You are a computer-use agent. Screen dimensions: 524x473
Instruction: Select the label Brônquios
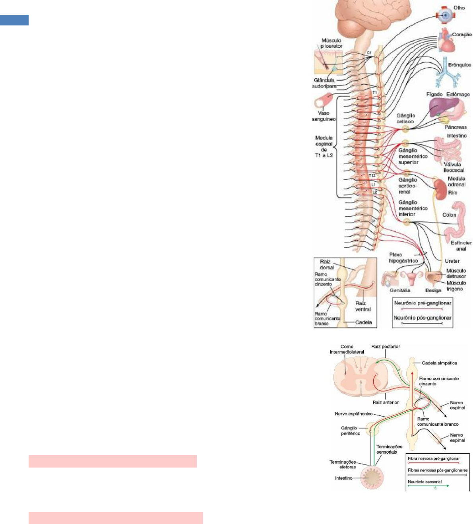[459, 65]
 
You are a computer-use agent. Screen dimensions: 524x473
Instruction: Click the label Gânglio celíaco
[405, 118]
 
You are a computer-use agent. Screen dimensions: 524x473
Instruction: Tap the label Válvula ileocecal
[454, 167]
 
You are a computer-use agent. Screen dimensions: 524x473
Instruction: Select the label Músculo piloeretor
[331, 43]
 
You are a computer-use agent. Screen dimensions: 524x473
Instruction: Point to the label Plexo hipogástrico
[403, 258]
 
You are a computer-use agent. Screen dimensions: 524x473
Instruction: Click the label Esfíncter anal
[461, 246]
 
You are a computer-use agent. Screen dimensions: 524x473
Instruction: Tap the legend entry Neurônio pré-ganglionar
[423, 303]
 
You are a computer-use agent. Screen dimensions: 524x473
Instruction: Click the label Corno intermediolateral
[347, 349]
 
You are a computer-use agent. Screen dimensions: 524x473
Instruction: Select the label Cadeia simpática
[439, 363]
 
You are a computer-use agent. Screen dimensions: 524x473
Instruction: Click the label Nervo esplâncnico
[354, 414]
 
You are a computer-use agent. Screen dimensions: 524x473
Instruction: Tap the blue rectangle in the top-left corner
[14, 20]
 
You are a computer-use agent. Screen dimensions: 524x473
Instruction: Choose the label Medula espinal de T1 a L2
[324, 147]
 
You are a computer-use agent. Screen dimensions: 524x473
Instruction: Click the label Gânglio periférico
[350, 431]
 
